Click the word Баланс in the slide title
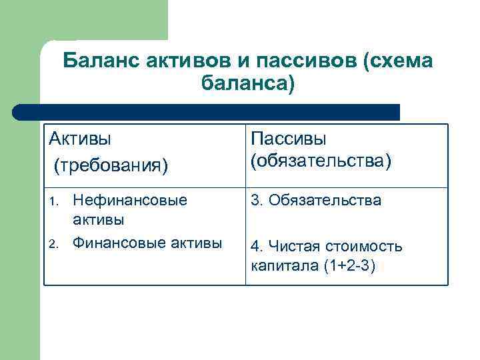pos(97,61)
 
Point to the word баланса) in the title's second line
pos(247,85)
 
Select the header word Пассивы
pos(288,139)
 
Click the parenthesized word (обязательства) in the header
pos(321,161)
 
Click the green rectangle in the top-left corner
pos(83,20)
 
